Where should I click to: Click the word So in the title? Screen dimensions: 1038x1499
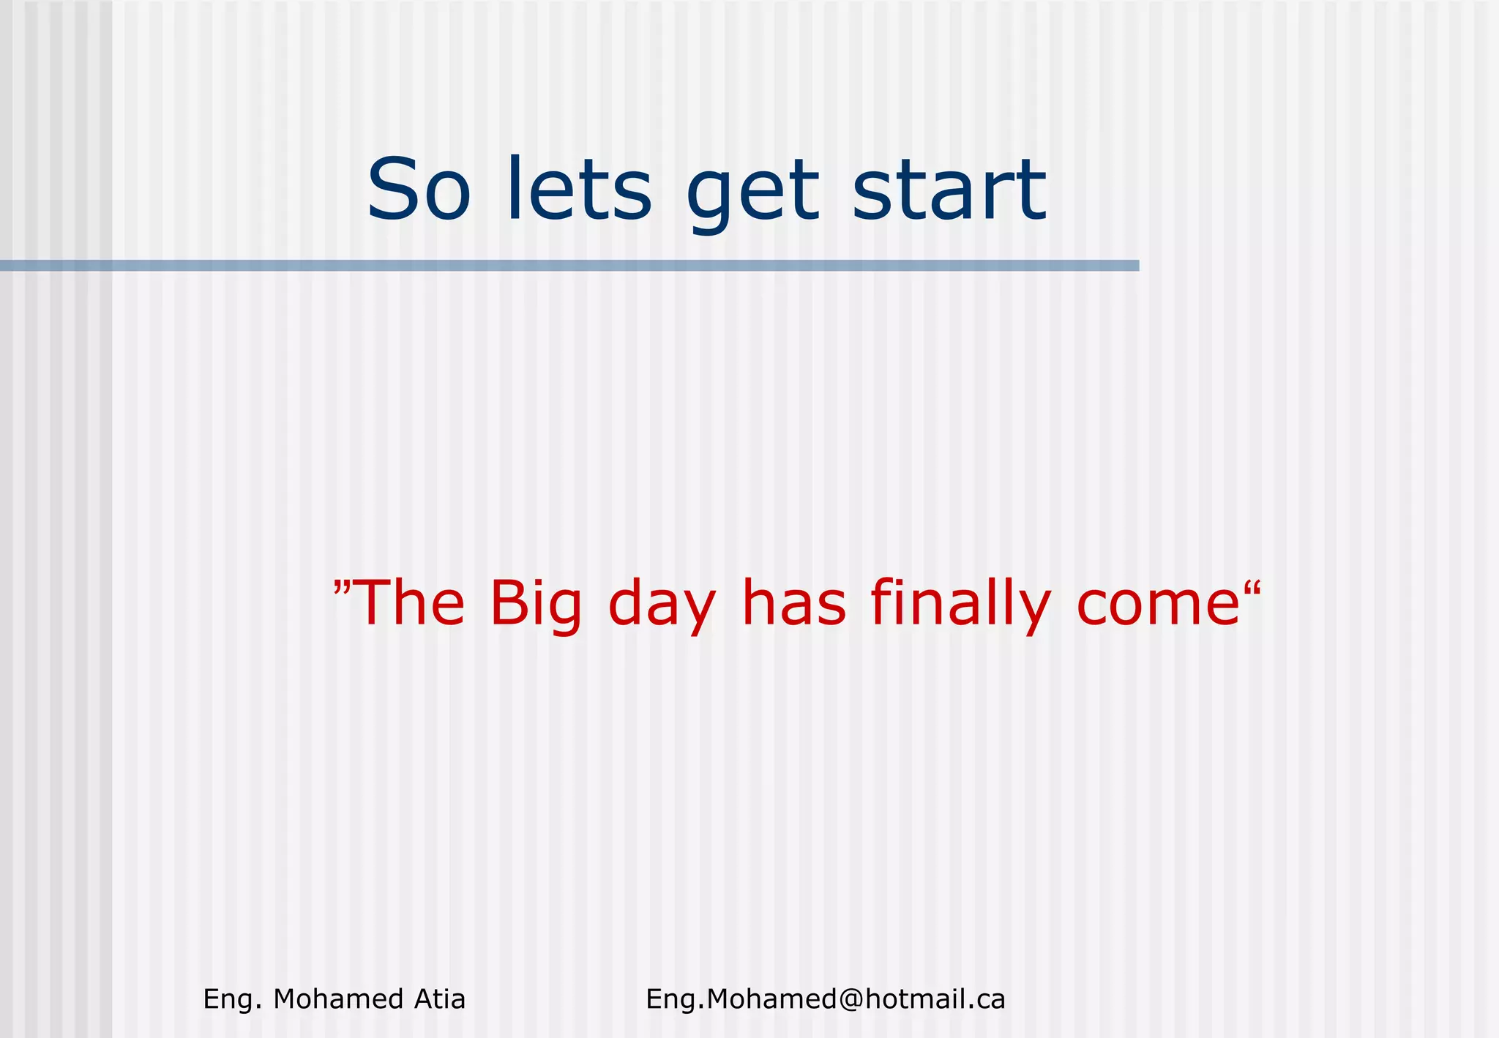coord(418,190)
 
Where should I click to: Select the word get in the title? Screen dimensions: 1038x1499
coord(752,194)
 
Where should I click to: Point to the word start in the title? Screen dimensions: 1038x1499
coord(949,190)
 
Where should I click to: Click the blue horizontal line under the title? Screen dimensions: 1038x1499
coord(569,265)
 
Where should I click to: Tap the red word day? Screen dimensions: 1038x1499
coord(662,606)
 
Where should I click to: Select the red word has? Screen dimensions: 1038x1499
coord(794,603)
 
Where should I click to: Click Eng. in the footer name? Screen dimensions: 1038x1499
coord(232,1000)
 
